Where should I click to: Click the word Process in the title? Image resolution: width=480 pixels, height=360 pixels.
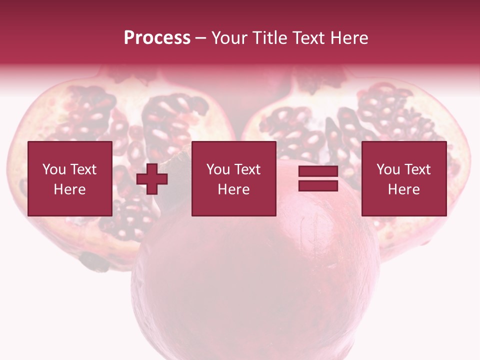[157, 38]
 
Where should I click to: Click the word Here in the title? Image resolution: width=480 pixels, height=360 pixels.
[349, 38]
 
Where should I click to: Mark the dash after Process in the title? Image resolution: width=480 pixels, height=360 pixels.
[201, 38]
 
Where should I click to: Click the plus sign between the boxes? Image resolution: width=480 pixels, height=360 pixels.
[152, 178]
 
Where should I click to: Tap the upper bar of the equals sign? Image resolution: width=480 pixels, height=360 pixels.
[318, 171]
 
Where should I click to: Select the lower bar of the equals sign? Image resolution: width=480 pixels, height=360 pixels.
[318, 185]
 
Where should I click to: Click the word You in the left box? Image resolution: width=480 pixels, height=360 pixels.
[53, 169]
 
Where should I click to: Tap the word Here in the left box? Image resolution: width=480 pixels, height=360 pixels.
[69, 189]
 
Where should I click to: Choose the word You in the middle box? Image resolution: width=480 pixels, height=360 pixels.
[217, 169]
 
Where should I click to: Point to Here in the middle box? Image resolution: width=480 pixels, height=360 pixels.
[233, 189]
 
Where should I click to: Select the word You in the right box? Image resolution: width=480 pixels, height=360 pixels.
[387, 169]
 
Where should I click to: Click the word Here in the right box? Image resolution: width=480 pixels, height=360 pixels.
[403, 189]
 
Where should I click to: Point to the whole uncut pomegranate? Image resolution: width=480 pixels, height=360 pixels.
[255, 280]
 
